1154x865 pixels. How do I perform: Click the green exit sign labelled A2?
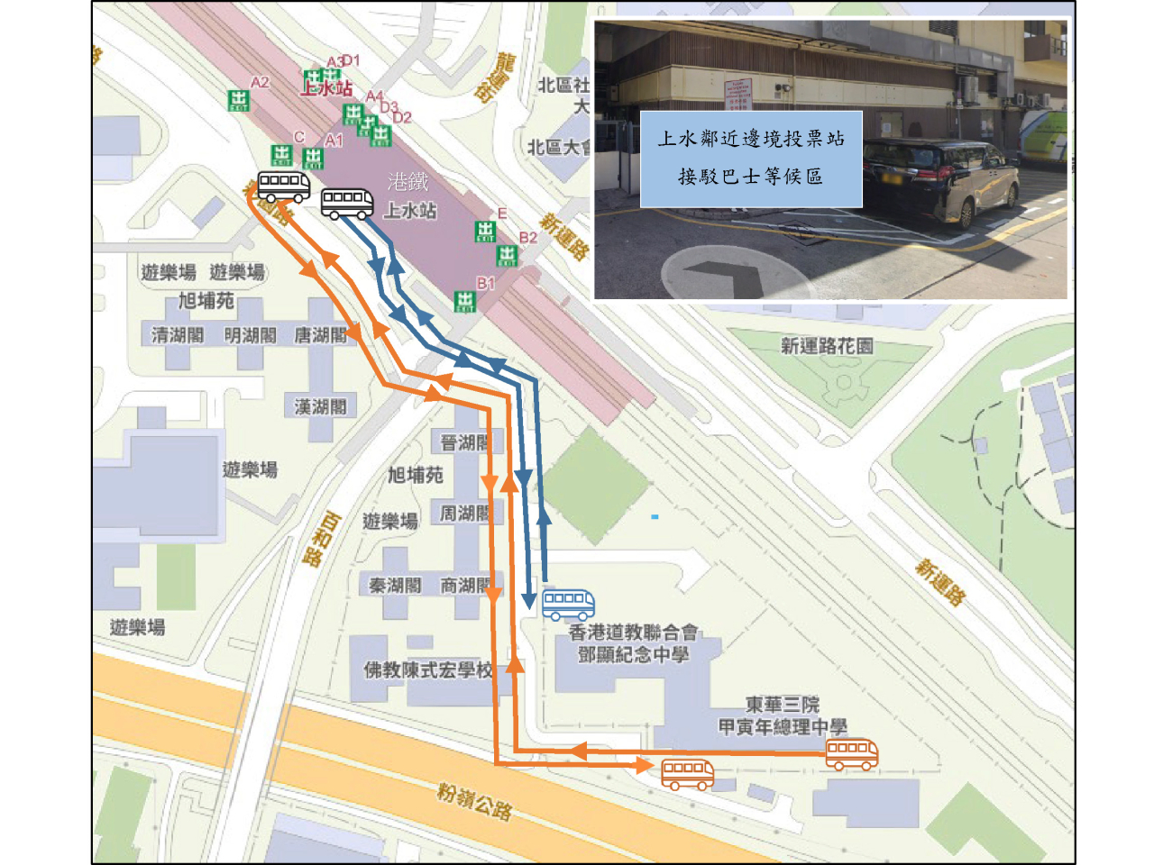point(238,99)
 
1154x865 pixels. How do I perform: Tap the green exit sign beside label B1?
point(464,301)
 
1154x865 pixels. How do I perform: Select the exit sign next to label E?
point(485,232)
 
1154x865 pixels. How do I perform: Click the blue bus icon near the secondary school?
point(568,603)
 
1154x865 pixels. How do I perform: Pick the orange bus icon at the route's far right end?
point(851,753)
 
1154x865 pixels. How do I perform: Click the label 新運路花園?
point(826,346)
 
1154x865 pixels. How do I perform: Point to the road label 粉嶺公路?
point(474,801)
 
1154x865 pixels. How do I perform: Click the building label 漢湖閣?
point(320,407)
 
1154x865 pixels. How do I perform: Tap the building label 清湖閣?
point(177,335)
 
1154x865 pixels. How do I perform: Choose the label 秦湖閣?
point(395,586)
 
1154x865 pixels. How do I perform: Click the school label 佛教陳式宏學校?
point(428,670)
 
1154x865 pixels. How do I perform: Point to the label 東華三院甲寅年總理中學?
point(782,715)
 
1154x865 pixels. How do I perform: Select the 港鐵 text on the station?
point(408,183)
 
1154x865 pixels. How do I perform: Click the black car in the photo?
point(938,180)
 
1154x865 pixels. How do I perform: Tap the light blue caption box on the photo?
point(750,159)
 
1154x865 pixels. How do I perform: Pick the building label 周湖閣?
point(464,514)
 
